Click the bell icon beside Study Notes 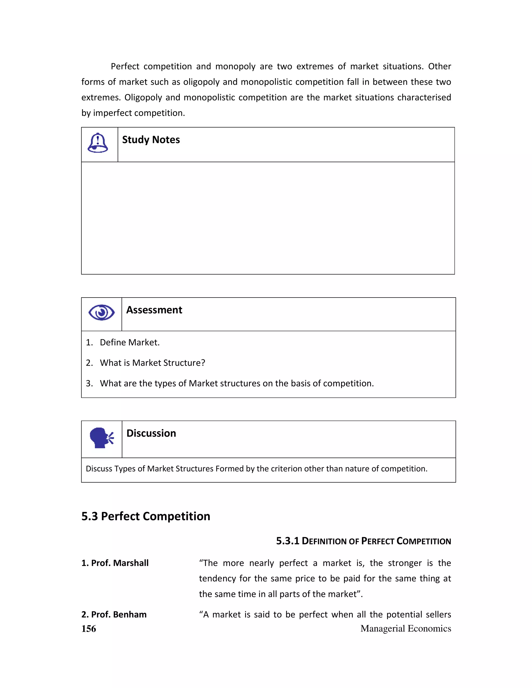98,143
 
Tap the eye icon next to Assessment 102,313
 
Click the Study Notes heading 151,140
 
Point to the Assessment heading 154,310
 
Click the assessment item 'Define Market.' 130,342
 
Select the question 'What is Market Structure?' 152,363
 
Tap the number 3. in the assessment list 89,383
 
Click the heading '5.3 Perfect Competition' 146,516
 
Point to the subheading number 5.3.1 288,541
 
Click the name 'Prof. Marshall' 115,563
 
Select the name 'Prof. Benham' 114,614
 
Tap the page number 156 89,629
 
